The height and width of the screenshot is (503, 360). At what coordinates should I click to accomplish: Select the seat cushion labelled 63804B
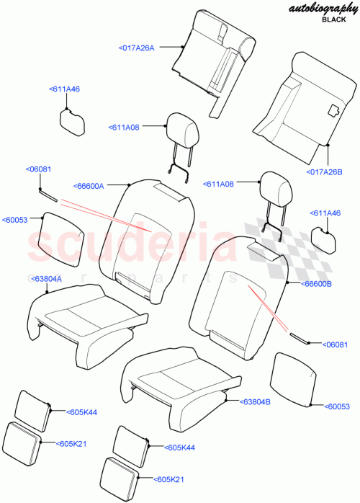point(180,375)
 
